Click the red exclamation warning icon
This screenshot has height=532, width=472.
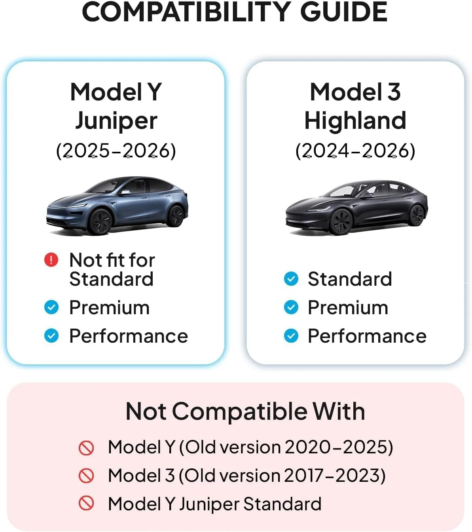[x=51, y=260]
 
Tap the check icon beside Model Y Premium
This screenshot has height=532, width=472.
[x=51, y=307]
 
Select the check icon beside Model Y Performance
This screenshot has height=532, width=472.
[x=51, y=336]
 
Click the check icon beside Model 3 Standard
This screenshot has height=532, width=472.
[x=291, y=279]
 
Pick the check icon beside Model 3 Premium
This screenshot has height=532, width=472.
[x=291, y=307]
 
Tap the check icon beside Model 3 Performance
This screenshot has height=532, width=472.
[x=291, y=336]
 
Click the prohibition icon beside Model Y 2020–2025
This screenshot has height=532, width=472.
[x=86, y=448]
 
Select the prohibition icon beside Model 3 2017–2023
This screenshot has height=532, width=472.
[x=86, y=475]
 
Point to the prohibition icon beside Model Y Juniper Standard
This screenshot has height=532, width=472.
[x=86, y=503]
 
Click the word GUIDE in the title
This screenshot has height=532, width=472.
[x=344, y=12]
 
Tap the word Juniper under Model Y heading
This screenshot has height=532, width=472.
[x=116, y=121]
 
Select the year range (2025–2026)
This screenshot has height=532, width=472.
[x=116, y=151]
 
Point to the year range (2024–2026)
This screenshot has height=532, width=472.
[x=355, y=151]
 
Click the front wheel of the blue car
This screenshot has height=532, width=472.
[x=100, y=222]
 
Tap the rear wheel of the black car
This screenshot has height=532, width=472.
[x=417, y=215]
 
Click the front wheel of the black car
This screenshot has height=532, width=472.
[x=341, y=222]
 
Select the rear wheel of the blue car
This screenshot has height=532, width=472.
[x=176, y=216]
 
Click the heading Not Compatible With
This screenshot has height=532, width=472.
[x=245, y=411]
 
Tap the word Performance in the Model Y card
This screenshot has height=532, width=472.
[x=129, y=336]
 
